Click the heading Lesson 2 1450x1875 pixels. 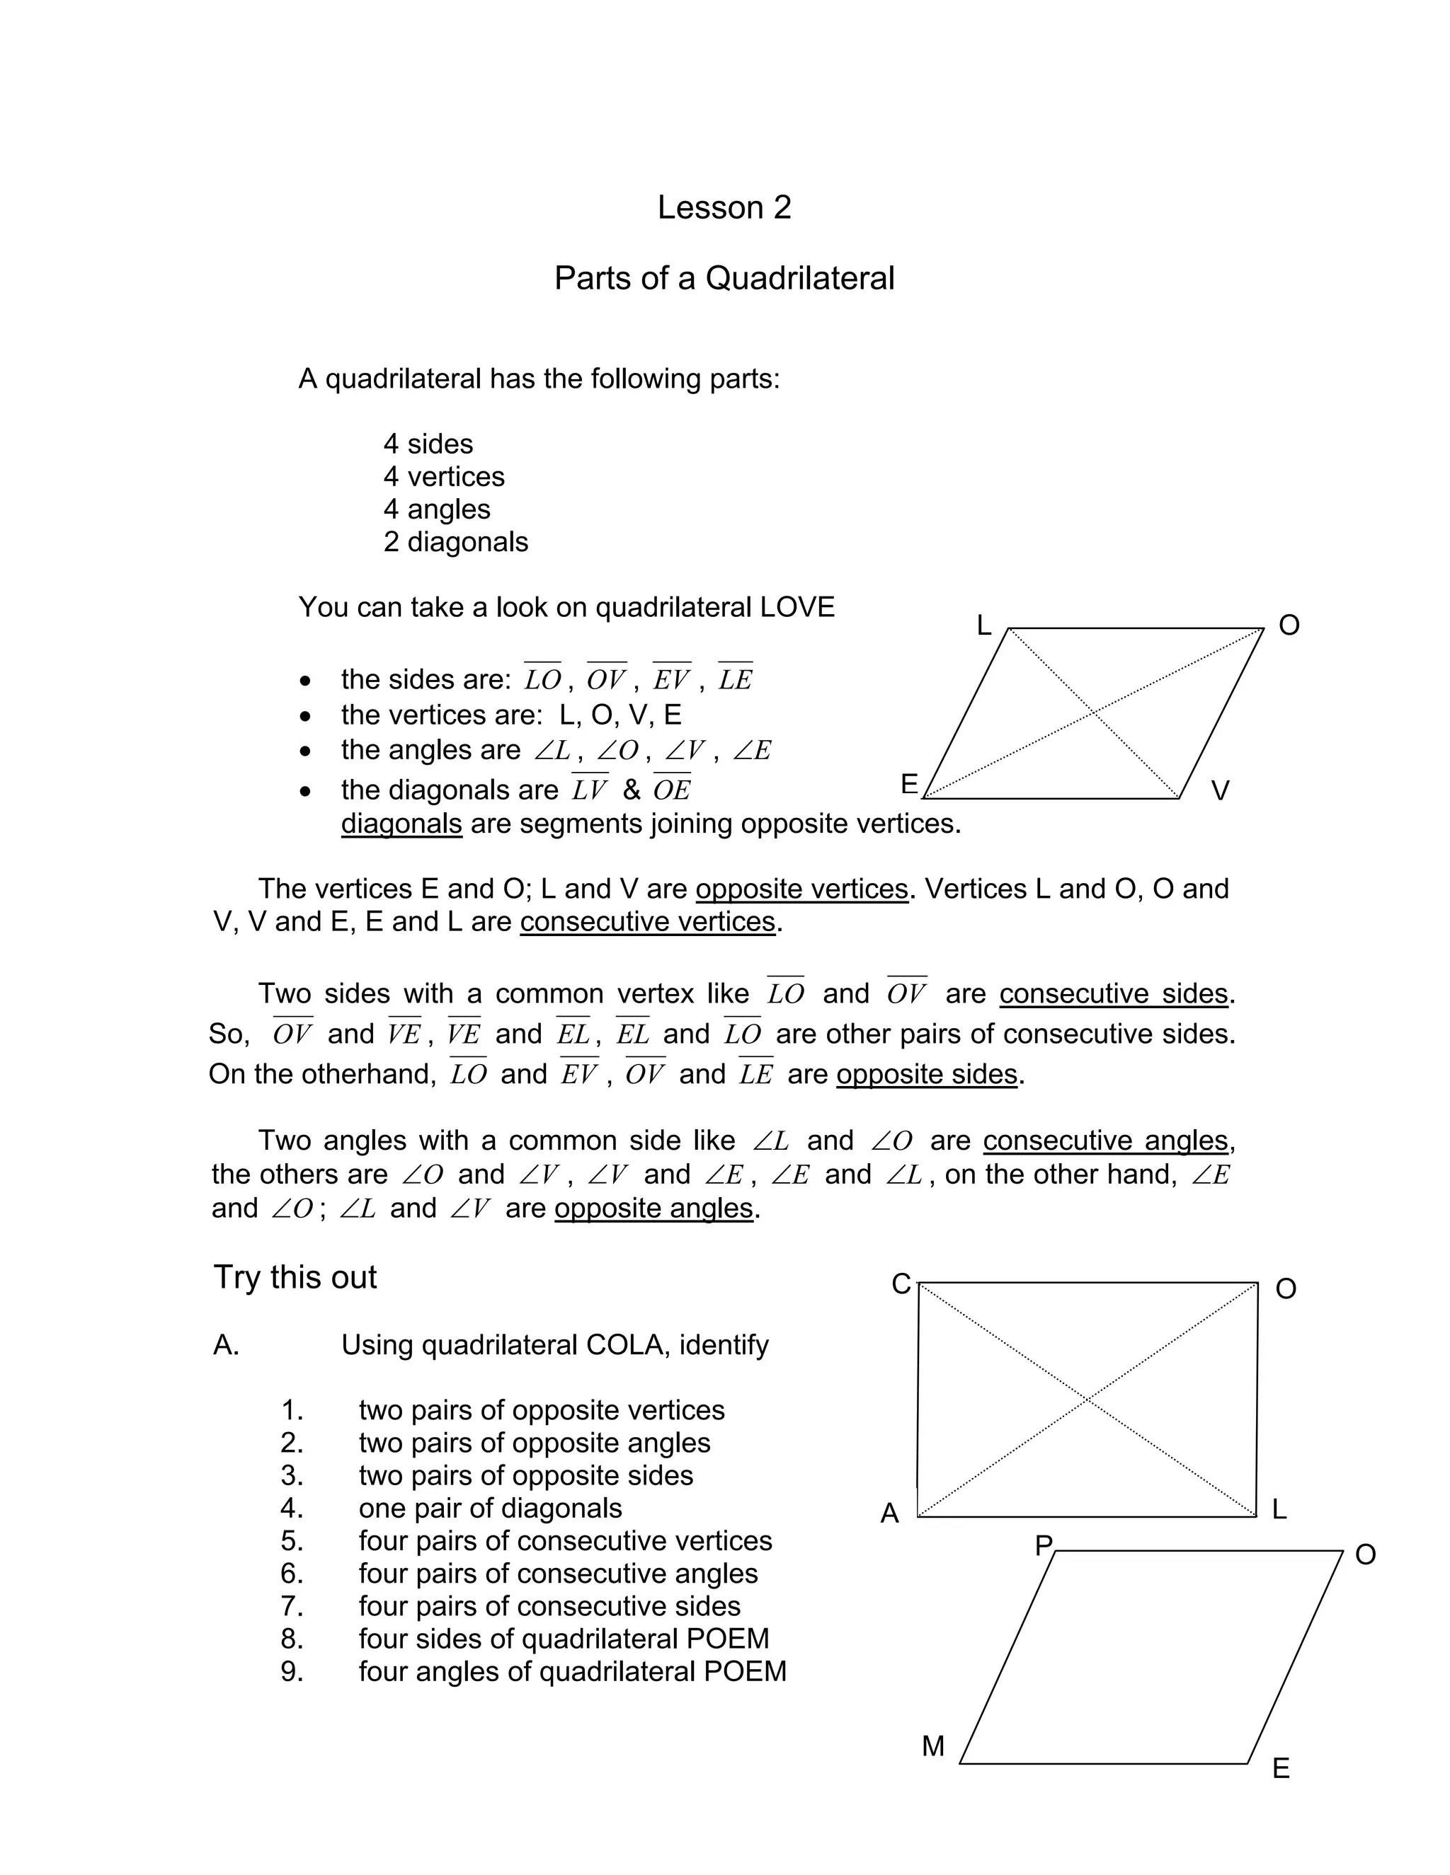pos(724,208)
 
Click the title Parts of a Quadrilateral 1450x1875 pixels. pos(724,278)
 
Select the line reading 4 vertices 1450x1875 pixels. pos(443,476)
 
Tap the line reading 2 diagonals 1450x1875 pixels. pos(455,542)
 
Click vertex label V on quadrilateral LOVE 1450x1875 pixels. pos(1220,791)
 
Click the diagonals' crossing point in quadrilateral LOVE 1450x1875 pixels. pos(1092,712)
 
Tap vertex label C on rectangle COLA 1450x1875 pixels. pos(901,1284)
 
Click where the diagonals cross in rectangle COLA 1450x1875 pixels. pos(1087,1400)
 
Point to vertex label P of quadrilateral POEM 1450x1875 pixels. pos(1044,1546)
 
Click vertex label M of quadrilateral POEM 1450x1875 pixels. pos(933,1746)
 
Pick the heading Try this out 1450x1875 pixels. pos(295,1277)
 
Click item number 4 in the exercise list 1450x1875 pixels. pos(292,1508)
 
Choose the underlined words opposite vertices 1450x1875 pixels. pos(801,889)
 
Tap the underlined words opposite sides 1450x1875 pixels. pos(926,1074)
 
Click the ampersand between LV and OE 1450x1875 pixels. pos(632,790)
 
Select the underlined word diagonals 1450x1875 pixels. pos(401,824)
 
